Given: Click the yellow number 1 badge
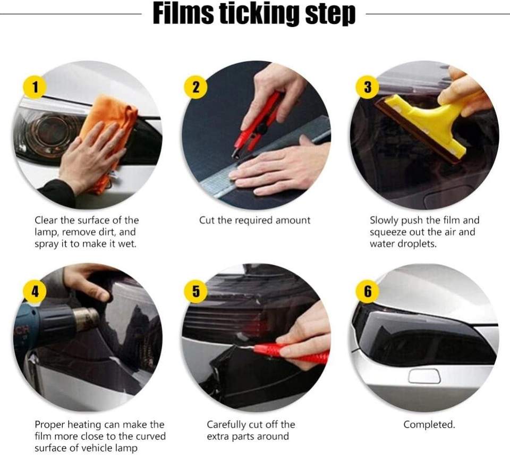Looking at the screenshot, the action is (35, 87).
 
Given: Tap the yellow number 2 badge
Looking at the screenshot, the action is (196, 87).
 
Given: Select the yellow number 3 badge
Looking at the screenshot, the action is (368, 87).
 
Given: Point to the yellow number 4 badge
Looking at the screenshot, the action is (35, 291).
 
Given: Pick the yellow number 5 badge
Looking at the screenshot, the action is (196, 291).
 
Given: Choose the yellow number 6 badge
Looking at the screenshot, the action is (368, 291).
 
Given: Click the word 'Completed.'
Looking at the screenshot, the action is (429, 424).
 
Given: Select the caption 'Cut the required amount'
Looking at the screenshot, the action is (254, 221).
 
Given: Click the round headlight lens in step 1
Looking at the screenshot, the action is (52, 131).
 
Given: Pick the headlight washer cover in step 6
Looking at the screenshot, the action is (424, 376).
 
